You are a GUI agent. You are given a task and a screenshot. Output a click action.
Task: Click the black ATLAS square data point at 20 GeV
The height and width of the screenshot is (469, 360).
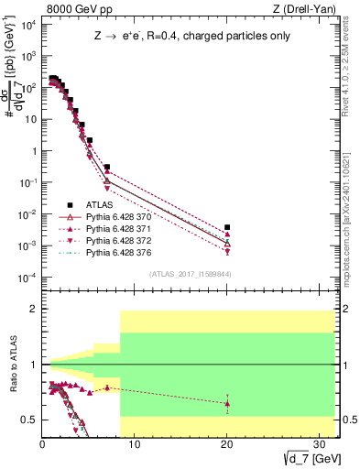click(227, 227)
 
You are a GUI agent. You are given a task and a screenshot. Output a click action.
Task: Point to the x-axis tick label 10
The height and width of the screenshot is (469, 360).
click(134, 443)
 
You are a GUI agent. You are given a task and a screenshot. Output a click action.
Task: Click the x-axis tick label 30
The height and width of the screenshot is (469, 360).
click(320, 443)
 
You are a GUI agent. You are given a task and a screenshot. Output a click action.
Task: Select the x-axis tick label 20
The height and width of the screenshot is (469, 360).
click(227, 443)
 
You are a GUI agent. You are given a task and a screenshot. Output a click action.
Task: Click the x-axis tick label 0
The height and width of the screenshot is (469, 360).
click(42, 443)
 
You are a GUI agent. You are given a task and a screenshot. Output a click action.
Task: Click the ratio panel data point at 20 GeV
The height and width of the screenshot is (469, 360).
click(227, 403)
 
